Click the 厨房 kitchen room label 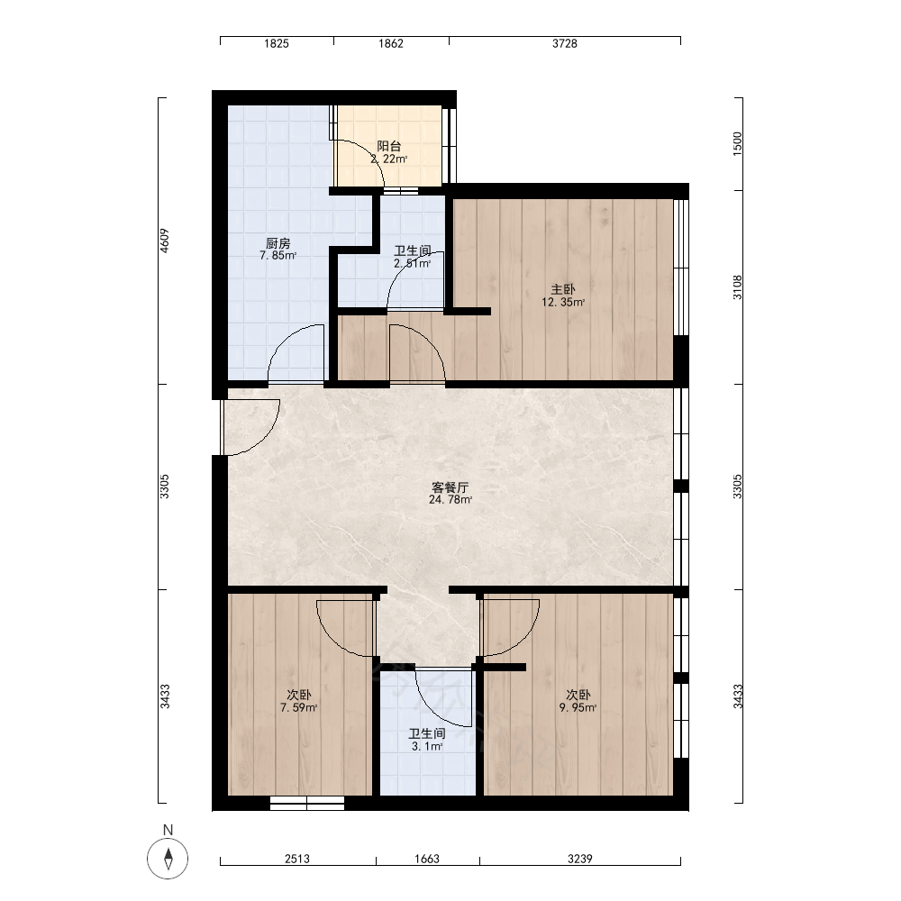(278, 243)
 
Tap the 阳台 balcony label (389, 147)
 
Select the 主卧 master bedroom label (563, 289)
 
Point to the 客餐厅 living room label (450, 487)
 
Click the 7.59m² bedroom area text (299, 708)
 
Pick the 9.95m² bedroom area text (578, 708)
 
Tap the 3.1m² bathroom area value (427, 746)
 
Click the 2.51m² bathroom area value (412, 264)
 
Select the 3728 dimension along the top (565, 43)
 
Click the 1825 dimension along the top (277, 43)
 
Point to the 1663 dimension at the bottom (427, 859)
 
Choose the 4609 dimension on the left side (164, 241)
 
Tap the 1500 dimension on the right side (738, 143)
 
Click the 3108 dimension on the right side (738, 287)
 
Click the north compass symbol (168, 859)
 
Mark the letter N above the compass (168, 830)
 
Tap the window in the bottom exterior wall (307, 804)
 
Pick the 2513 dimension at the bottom (297, 859)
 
